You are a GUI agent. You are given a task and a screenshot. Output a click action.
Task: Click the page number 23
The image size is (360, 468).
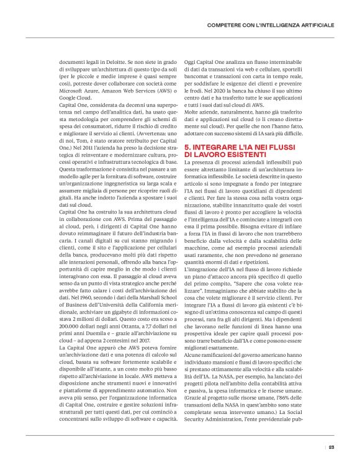pyautogui.click(x=331, y=446)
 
